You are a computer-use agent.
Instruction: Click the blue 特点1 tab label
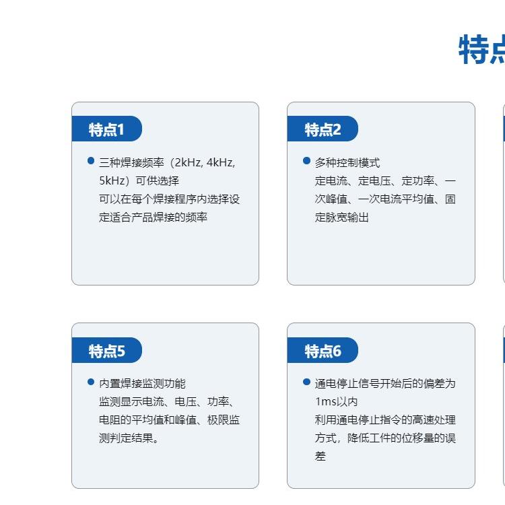pos(106,129)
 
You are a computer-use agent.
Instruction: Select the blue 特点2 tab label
pos(323,129)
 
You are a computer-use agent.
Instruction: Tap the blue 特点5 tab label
pos(106,351)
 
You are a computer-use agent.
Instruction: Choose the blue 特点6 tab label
pos(323,351)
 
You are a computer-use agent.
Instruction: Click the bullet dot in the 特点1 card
pos(91,160)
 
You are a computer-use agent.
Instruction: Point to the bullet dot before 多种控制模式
pos(306,160)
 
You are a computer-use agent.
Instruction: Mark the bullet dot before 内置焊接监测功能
pos(91,382)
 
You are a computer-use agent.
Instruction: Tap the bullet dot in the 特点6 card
pos(306,382)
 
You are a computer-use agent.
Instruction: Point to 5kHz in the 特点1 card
pos(112,180)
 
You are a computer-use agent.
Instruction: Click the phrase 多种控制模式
pos(347,163)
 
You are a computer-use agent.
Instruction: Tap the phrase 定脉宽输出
pos(341,217)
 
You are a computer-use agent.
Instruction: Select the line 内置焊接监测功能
pos(142,384)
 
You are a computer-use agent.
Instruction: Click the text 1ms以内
pos(336,401)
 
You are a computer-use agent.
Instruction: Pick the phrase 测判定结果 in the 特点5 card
pos(126,438)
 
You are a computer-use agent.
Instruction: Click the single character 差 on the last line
pos(321,456)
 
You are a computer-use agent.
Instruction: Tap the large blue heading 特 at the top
pos(473,50)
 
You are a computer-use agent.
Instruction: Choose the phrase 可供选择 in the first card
pos(157,180)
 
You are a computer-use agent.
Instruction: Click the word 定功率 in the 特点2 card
pos(417,181)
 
